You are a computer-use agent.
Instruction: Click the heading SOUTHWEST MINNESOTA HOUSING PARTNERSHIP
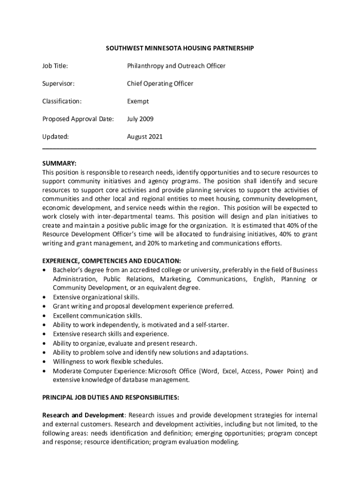(x=180, y=48)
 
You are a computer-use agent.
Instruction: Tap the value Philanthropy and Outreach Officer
(x=176, y=66)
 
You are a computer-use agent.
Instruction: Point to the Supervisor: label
(x=58, y=84)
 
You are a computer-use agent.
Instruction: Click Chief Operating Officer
(x=160, y=84)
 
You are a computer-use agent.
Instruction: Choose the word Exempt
(x=138, y=102)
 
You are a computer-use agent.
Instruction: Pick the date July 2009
(x=140, y=119)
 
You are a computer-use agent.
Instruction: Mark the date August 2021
(x=145, y=137)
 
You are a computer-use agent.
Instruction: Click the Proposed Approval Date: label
(x=78, y=119)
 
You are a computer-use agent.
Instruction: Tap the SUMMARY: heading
(x=59, y=163)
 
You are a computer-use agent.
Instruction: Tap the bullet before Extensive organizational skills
(x=44, y=298)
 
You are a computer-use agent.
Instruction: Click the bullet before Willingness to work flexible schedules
(x=44, y=362)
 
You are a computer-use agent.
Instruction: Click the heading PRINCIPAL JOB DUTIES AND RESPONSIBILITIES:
(x=110, y=398)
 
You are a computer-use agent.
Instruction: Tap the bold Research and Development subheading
(x=83, y=415)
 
